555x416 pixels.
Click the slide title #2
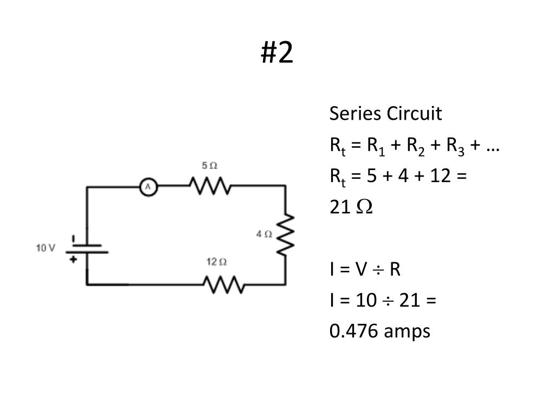point(277,53)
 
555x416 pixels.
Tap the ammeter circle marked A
point(148,187)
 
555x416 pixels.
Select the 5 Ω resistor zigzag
point(210,186)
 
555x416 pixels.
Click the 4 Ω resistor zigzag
point(286,235)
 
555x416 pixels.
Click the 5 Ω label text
point(210,165)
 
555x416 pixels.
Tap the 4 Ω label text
point(264,234)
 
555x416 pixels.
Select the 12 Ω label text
point(216,262)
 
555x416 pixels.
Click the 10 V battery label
point(46,248)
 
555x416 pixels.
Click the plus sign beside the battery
point(74,259)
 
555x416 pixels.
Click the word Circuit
point(415,114)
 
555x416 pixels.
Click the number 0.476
point(354,331)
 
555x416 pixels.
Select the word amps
point(407,331)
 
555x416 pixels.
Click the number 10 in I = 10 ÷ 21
point(364,300)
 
